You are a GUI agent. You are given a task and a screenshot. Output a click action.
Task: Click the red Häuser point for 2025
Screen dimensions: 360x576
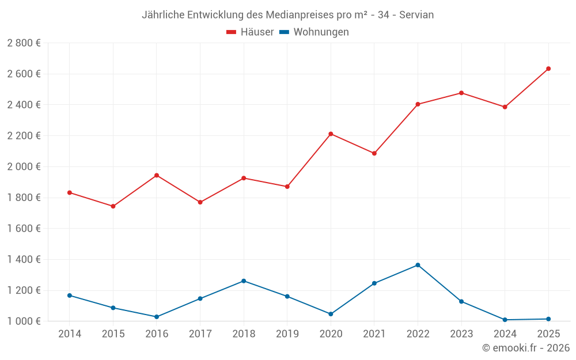click(x=548, y=69)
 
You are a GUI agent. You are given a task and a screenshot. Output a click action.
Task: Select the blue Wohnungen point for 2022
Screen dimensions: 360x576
click(x=418, y=265)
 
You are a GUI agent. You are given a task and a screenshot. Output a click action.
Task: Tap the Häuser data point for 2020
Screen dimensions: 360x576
click(x=331, y=134)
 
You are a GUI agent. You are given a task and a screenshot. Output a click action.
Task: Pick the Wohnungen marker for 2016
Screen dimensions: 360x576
click(x=157, y=317)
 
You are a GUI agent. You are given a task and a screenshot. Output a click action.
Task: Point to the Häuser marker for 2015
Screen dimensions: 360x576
click(x=113, y=206)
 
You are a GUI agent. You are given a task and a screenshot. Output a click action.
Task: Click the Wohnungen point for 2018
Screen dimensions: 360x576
click(x=244, y=281)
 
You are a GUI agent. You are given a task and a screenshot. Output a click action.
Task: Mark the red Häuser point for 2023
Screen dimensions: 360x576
click(x=461, y=93)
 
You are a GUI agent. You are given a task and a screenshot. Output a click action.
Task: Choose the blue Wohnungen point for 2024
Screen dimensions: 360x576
click(x=505, y=320)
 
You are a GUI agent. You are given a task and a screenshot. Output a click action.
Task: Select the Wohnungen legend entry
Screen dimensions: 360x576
click(x=314, y=32)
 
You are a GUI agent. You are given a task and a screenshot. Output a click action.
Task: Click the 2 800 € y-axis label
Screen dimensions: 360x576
click(x=24, y=43)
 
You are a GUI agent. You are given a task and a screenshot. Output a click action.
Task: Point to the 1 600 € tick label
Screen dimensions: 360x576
click(x=24, y=229)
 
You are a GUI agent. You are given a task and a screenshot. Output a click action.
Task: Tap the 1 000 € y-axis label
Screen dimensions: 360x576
click(x=24, y=321)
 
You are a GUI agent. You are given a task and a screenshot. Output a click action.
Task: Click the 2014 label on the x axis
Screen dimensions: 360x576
click(x=70, y=334)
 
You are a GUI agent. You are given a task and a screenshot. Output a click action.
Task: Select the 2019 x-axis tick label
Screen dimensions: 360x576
click(x=287, y=334)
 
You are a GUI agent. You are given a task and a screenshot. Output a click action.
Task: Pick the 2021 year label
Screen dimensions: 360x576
click(x=374, y=334)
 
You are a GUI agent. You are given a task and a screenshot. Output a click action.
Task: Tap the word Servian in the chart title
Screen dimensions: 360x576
click(x=416, y=15)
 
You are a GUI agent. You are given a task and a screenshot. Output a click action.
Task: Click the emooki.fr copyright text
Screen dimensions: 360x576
click(x=526, y=348)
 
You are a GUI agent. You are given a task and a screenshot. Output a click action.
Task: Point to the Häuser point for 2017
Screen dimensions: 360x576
click(x=200, y=202)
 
